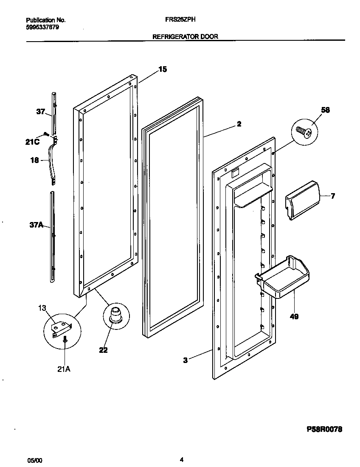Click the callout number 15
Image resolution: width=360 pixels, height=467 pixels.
163,70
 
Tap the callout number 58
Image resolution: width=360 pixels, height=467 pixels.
326,110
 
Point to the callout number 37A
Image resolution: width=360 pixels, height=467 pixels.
37,225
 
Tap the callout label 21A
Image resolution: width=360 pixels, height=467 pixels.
63,369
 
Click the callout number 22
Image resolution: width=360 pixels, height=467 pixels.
103,350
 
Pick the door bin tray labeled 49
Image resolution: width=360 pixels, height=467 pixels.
282,278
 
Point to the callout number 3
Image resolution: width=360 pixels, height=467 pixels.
185,360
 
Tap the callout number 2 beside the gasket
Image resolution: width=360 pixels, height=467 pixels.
239,124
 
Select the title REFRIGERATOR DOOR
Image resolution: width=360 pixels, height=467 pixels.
185,37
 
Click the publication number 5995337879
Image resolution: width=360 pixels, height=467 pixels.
42,27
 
